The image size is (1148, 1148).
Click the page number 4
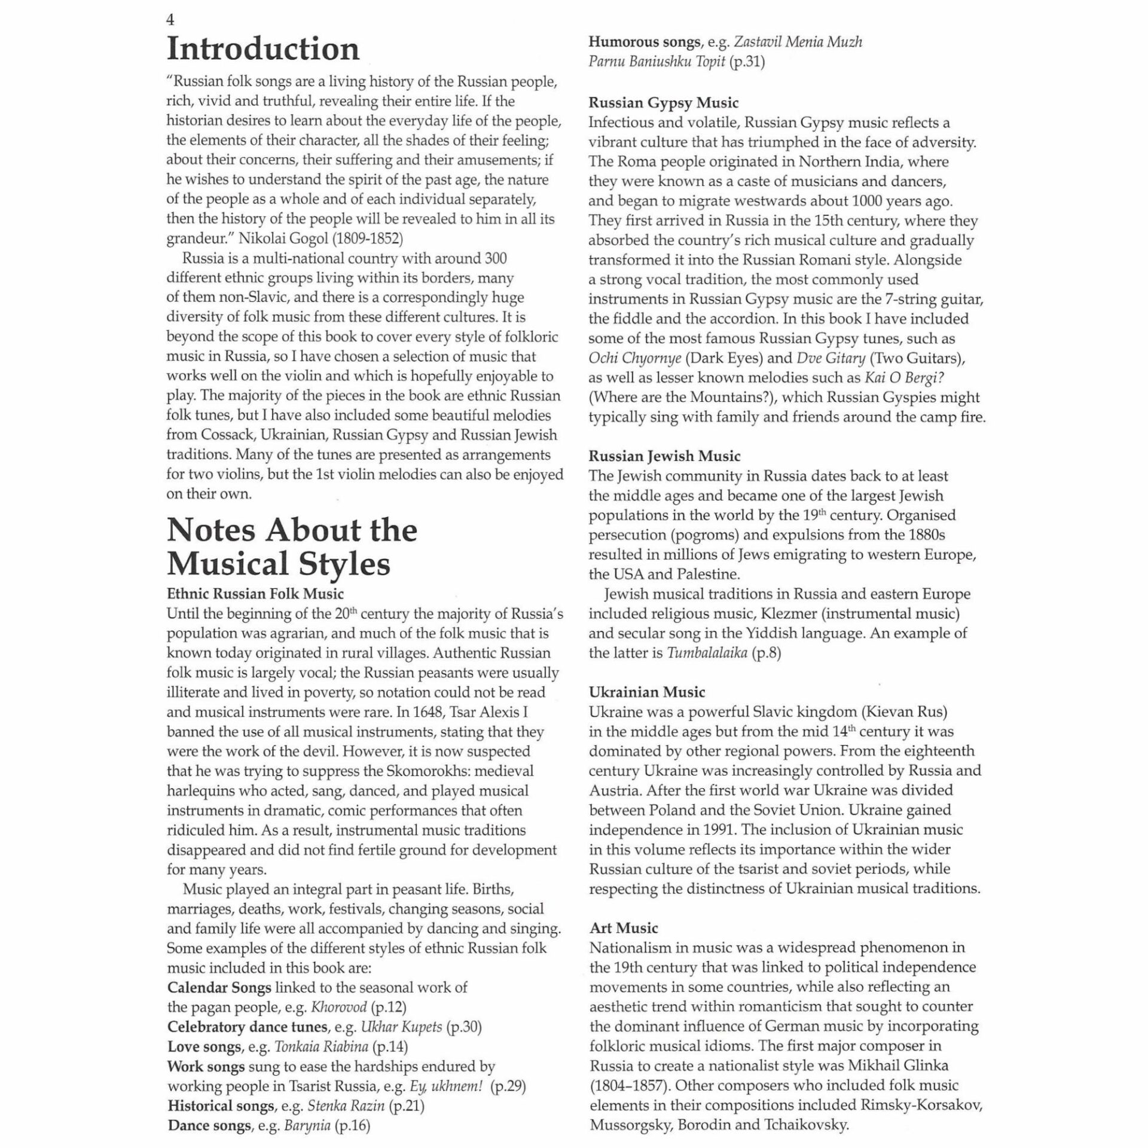[x=170, y=20]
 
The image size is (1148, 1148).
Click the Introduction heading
[x=263, y=49]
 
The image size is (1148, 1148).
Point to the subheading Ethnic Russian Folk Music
[x=255, y=594]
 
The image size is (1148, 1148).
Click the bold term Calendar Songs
[x=219, y=987]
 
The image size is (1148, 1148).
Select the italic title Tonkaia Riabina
[x=321, y=1046]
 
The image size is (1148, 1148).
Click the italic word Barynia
[x=307, y=1125]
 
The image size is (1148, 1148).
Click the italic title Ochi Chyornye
[x=634, y=358]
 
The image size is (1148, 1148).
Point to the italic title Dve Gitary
[x=831, y=358]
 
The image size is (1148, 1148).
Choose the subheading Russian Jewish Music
[x=664, y=456]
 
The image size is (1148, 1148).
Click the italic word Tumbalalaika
[x=707, y=652]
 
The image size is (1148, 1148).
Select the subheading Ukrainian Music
[x=647, y=692]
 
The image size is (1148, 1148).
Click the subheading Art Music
[x=624, y=928]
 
